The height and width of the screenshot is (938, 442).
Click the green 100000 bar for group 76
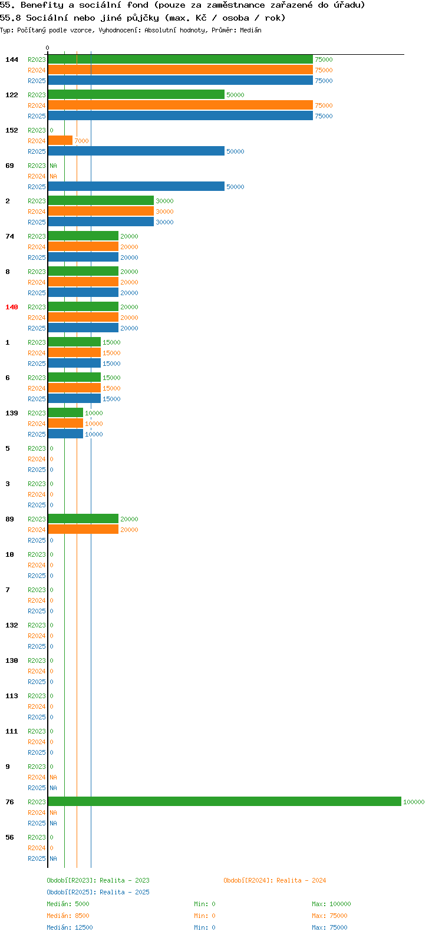(225, 801)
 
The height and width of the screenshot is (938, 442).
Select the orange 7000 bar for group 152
(60, 141)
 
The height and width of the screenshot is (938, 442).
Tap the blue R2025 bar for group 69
(136, 187)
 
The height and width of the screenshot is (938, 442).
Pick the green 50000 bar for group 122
(136, 95)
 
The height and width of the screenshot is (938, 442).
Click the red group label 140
(12, 307)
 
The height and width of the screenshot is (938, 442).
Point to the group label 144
(12, 60)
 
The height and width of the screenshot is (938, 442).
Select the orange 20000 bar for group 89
(83, 529)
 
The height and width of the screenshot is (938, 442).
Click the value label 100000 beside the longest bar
(414, 802)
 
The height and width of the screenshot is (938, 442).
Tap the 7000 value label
(82, 141)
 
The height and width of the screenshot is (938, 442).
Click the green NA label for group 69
(53, 166)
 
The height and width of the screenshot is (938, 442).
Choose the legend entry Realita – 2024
(275, 880)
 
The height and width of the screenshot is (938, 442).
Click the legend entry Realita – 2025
(98, 892)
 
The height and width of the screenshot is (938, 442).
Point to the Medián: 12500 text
(70, 927)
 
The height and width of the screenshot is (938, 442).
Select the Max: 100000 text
(331, 904)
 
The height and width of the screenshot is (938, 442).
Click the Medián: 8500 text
(68, 916)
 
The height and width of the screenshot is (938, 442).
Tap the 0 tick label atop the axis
(47, 48)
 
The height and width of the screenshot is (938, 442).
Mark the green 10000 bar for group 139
(66, 412)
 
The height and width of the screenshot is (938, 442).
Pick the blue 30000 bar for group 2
(101, 222)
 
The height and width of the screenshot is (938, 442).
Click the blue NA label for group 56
(53, 858)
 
